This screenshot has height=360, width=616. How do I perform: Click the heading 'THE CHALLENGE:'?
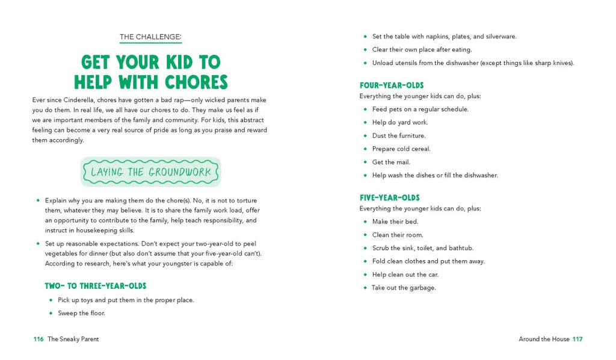pyautogui.click(x=150, y=37)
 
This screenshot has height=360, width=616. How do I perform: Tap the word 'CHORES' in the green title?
pyautogui.click(x=190, y=82)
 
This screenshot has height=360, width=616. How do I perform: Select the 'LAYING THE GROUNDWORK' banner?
pyautogui.click(x=150, y=172)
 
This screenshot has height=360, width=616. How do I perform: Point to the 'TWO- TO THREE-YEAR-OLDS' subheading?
pyautogui.click(x=96, y=286)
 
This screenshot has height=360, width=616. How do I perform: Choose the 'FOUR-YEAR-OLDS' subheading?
pyautogui.click(x=392, y=85)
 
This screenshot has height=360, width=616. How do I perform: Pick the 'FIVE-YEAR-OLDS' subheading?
pyautogui.click(x=390, y=197)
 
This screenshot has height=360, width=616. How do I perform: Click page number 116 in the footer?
pyautogui.click(x=38, y=339)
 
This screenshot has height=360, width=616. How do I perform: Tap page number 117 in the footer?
pyautogui.click(x=577, y=339)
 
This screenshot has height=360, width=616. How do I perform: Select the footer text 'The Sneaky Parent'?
pyautogui.click(x=73, y=339)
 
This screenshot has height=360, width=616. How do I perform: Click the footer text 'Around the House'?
pyautogui.click(x=544, y=339)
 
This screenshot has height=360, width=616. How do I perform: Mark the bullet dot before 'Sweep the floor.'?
pyautogui.click(x=51, y=313)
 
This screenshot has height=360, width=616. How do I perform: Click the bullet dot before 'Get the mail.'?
pyautogui.click(x=365, y=162)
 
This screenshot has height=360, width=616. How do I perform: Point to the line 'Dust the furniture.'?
pyautogui.click(x=398, y=135)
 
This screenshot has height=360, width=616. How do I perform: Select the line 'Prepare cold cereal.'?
pyautogui.click(x=401, y=149)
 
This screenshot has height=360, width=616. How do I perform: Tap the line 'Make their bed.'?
pyautogui.click(x=395, y=222)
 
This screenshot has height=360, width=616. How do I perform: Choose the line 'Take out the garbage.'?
pyautogui.click(x=404, y=288)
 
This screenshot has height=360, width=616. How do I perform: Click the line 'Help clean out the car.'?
pyautogui.click(x=405, y=275)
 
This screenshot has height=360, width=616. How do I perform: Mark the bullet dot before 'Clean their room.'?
pyautogui.click(x=365, y=235)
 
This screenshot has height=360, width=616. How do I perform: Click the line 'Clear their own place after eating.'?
pyautogui.click(x=422, y=49)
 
